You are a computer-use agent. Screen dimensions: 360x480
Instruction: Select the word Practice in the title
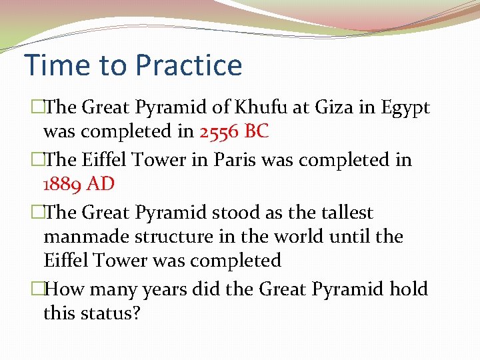click(x=188, y=65)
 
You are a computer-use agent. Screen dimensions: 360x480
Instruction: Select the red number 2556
click(x=219, y=131)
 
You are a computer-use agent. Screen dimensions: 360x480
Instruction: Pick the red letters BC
click(x=257, y=131)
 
